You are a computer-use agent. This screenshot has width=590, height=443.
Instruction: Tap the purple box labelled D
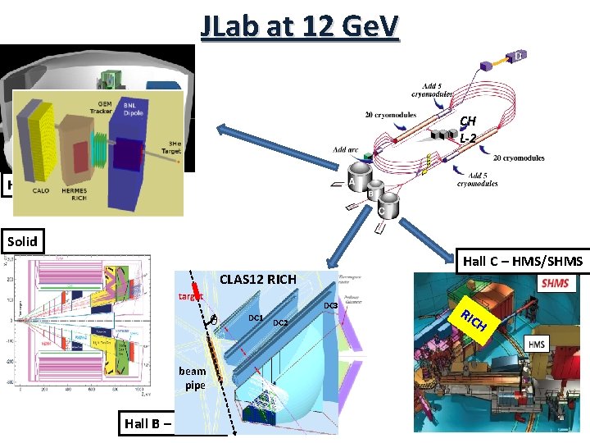pyautogui.click(x=519, y=56)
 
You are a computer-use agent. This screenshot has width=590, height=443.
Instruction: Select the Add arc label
pyautogui.click(x=346, y=149)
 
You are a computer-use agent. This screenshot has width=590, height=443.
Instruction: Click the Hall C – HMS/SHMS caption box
pyautogui.click(x=522, y=261)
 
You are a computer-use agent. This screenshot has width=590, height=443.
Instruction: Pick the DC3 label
pyautogui.click(x=329, y=305)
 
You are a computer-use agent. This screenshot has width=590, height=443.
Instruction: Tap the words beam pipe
pyautogui.click(x=194, y=377)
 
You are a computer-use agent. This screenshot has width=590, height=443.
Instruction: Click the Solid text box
pyautogui.click(x=22, y=241)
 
